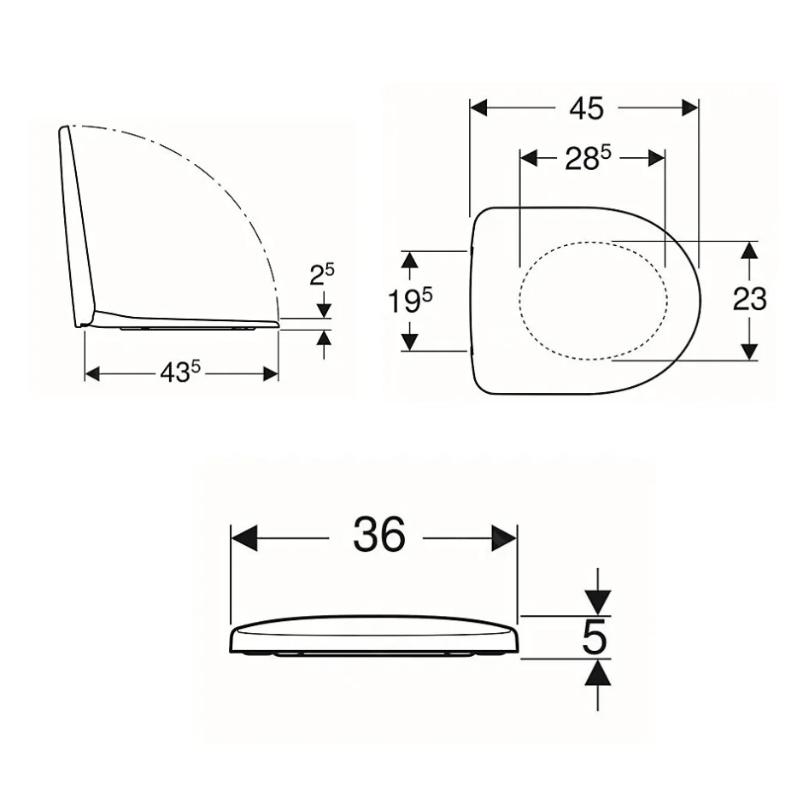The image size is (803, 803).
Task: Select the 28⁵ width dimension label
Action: (x=588, y=158)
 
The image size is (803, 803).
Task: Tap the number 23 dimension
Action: (x=750, y=299)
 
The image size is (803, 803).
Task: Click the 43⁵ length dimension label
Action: (x=180, y=372)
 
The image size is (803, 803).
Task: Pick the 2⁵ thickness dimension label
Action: (x=321, y=274)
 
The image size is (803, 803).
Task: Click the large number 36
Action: (x=379, y=534)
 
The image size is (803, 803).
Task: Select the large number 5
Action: (x=595, y=637)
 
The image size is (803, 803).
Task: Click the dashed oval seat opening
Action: (x=519, y=300)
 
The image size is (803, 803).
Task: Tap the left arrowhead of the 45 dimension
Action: (x=478, y=108)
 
